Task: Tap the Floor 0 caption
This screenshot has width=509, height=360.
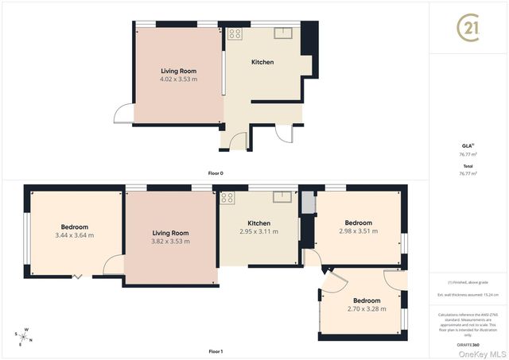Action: (x=216, y=172)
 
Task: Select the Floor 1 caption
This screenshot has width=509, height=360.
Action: (x=216, y=351)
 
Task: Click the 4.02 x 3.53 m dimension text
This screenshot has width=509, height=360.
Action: (x=179, y=79)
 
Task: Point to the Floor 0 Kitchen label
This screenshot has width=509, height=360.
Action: (x=262, y=62)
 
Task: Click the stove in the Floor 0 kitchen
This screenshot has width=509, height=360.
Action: (x=235, y=33)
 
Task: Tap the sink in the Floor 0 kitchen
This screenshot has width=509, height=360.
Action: (x=283, y=33)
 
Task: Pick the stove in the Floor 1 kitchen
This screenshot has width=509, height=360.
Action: (x=227, y=198)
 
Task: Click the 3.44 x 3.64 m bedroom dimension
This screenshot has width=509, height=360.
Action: (x=75, y=235)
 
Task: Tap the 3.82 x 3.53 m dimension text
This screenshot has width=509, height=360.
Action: (x=171, y=241)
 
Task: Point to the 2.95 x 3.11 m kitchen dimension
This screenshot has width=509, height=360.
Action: (x=259, y=231)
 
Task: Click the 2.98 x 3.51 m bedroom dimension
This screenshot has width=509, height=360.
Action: (x=358, y=231)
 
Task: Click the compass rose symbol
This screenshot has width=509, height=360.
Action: (x=24, y=337)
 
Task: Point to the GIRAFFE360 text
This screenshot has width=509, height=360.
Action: (x=468, y=345)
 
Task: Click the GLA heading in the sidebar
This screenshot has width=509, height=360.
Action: (x=468, y=145)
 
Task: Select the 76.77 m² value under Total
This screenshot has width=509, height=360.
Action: (x=468, y=172)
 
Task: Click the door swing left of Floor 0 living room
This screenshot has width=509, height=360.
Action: (x=123, y=115)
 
